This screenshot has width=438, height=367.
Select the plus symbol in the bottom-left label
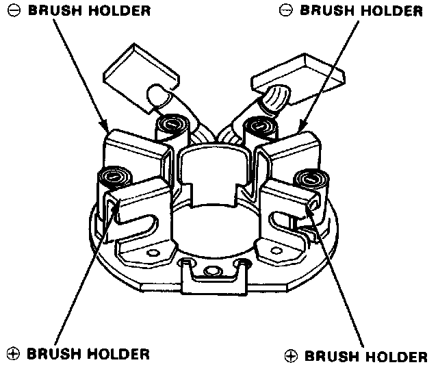click(x=12, y=354)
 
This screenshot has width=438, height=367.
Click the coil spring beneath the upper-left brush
click(x=169, y=126)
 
